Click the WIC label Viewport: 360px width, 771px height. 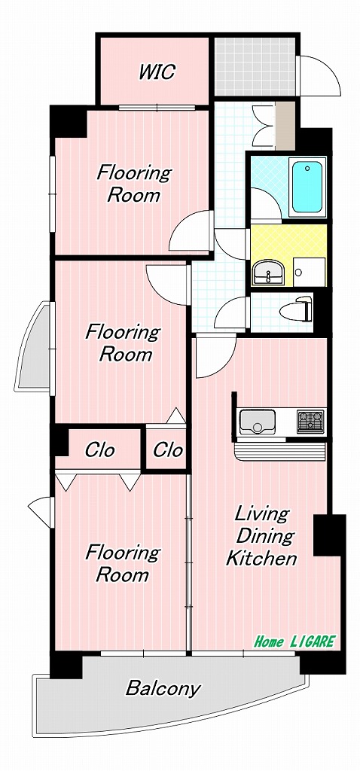tap(157, 72)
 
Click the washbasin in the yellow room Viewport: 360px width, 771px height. tap(265, 273)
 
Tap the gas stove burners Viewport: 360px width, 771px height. tap(310, 421)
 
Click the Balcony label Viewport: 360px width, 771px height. tap(163, 687)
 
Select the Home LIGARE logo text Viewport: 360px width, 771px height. tap(294, 642)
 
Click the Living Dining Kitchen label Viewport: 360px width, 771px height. tap(261, 536)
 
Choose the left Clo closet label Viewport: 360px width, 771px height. tap(99, 450)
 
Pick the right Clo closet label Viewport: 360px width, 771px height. tap(168, 450)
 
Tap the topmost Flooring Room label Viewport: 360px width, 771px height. tap(133, 184)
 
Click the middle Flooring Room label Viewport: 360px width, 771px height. tap(122, 343)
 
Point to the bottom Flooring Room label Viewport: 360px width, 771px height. tap(122, 564)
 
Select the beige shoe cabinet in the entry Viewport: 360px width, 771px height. tap(285, 124)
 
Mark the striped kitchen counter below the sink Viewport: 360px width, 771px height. tap(280, 451)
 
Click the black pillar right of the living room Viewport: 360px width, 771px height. tap(329, 535)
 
